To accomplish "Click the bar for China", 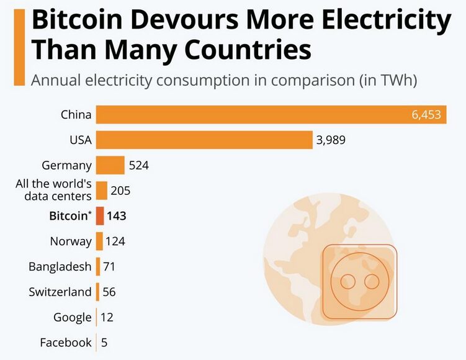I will pyautogui.click(x=271, y=115).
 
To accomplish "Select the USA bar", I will pyautogui.click(x=204, y=140).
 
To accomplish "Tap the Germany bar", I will pyautogui.click(x=110, y=165).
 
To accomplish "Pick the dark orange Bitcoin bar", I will pyautogui.click(x=100, y=216).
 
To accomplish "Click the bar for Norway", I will pyautogui.click(x=99, y=241).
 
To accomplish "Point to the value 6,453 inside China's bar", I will pyautogui.click(x=426, y=115).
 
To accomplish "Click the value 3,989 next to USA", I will pyautogui.click(x=331, y=140).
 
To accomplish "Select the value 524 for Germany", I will pyautogui.click(x=138, y=166).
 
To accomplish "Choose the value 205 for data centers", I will pyautogui.click(x=120, y=191).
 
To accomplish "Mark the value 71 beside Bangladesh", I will pyautogui.click(x=109, y=267).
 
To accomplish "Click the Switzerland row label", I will pyautogui.click(x=60, y=292).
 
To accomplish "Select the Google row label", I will pyautogui.click(x=72, y=317).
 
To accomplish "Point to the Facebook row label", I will pyautogui.click(x=66, y=343).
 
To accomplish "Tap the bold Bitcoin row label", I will pyautogui.click(x=69, y=216).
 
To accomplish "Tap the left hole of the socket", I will pyautogui.click(x=349, y=282).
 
